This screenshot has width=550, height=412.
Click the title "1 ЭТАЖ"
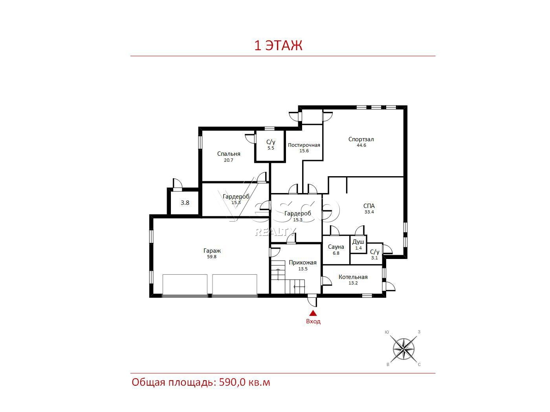pyautogui.click(x=278, y=45)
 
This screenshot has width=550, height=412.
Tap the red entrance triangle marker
pyautogui.click(x=313, y=313)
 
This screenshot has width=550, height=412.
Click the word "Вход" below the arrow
pyautogui.click(x=313, y=321)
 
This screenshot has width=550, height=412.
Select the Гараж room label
pyautogui.click(x=212, y=250)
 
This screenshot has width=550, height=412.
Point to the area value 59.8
pyautogui.click(x=212, y=257)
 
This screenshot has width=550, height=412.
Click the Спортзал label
pyautogui.click(x=361, y=139)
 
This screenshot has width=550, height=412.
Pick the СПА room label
pyautogui.click(x=369, y=206)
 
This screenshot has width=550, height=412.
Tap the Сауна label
pyautogui.click(x=336, y=247)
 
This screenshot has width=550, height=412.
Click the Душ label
pyautogui.click(x=358, y=242)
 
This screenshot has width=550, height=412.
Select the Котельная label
pyautogui.click(x=353, y=277)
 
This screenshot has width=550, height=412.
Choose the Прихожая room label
pyautogui.click(x=302, y=263)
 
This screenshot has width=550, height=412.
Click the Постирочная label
pyautogui.click(x=304, y=145)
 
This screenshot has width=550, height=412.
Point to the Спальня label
pyautogui.click(x=229, y=154)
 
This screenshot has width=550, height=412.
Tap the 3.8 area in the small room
pyautogui.click(x=185, y=203)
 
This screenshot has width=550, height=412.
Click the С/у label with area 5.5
pyautogui.click(x=271, y=142)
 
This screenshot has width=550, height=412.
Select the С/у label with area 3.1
pyautogui.click(x=375, y=252)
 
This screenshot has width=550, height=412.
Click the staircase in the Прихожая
pyautogui.click(x=288, y=276)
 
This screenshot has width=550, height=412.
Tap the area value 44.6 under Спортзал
pyautogui.click(x=361, y=145)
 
